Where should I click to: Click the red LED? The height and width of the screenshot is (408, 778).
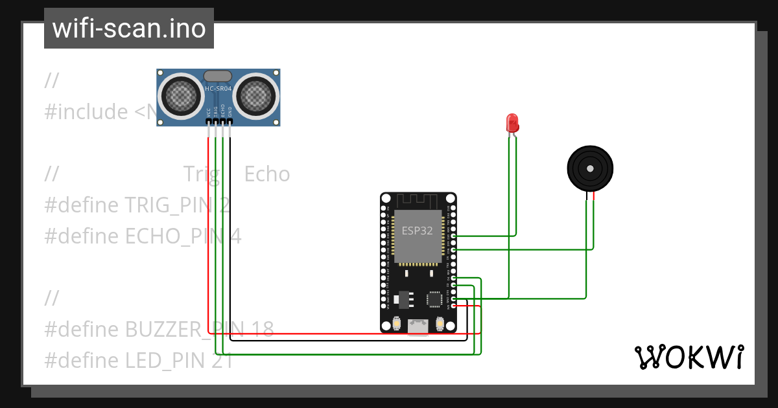pyautogui.click(x=512, y=122)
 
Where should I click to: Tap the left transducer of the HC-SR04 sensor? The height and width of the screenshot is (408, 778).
pyautogui.click(x=181, y=95)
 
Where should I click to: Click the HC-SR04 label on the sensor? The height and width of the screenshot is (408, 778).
pyautogui.click(x=218, y=89)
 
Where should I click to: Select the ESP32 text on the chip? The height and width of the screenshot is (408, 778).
pyautogui.click(x=418, y=231)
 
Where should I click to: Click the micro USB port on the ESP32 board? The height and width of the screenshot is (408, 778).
pyautogui.click(x=418, y=327)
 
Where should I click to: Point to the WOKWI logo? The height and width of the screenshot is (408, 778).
pyautogui.click(x=688, y=357)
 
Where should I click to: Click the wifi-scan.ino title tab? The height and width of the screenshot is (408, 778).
pyautogui.click(x=129, y=28)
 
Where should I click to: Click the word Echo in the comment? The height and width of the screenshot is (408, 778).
pyautogui.click(x=267, y=174)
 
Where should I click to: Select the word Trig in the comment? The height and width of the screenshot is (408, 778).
pyautogui.click(x=200, y=174)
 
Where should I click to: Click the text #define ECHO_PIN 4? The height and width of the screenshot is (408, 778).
pyautogui.click(x=143, y=236)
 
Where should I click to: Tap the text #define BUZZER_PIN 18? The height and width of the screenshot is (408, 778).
pyautogui.click(x=159, y=330)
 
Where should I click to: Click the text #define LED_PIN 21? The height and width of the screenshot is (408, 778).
pyautogui.click(x=139, y=361)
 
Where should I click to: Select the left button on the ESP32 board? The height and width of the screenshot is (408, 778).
pyautogui.click(x=396, y=323)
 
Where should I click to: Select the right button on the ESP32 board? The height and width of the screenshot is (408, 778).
pyautogui.click(x=440, y=323)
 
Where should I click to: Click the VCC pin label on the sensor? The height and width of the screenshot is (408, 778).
pyautogui.click(x=209, y=111)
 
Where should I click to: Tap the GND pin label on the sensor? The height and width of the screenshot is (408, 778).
pyautogui.click(x=230, y=111)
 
